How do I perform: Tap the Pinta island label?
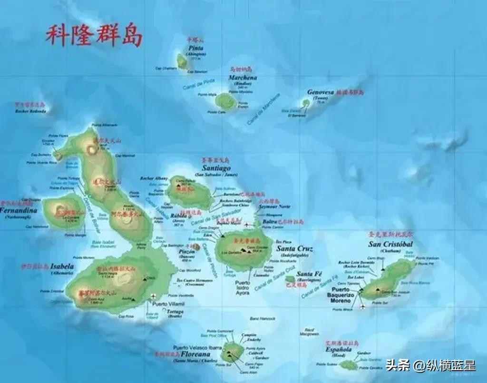tap(196, 49)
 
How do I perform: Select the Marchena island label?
tap(243, 78)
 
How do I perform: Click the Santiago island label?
tap(216, 168)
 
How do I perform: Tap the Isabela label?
tap(62, 267)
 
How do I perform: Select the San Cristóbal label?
tap(390, 245)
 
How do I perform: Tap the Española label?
tap(338, 350)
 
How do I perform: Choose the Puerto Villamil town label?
tap(167, 304)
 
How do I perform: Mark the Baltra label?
tap(269, 222)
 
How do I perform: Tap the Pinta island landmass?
tap(182, 60)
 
